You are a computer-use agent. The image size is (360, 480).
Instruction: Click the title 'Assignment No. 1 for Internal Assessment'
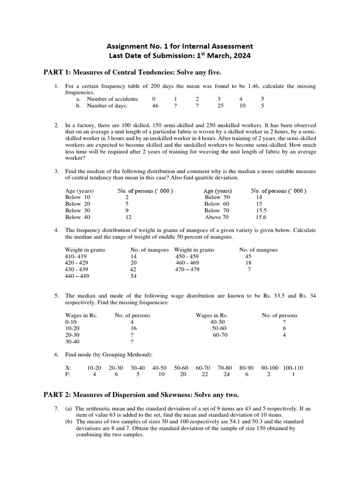[x=180, y=46]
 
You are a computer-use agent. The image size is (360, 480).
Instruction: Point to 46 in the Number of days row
[x=155, y=106]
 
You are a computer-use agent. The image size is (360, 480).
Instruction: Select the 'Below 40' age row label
[x=78, y=217]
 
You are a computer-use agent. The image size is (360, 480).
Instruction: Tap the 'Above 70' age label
[x=217, y=217]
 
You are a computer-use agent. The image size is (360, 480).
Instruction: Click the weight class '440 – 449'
[x=77, y=277]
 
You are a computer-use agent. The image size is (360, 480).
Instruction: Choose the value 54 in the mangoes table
[x=134, y=277]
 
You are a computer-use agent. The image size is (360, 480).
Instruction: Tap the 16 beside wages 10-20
[x=133, y=329]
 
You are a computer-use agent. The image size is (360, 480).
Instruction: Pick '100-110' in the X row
[x=293, y=368]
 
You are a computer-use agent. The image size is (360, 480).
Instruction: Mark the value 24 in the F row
[x=226, y=375]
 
